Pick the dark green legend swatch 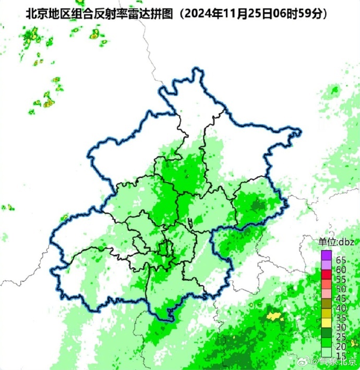(x=327, y=332)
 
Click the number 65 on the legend (x=341, y=260)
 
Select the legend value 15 (x=341, y=356)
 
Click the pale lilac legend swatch (x=327, y=265)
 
